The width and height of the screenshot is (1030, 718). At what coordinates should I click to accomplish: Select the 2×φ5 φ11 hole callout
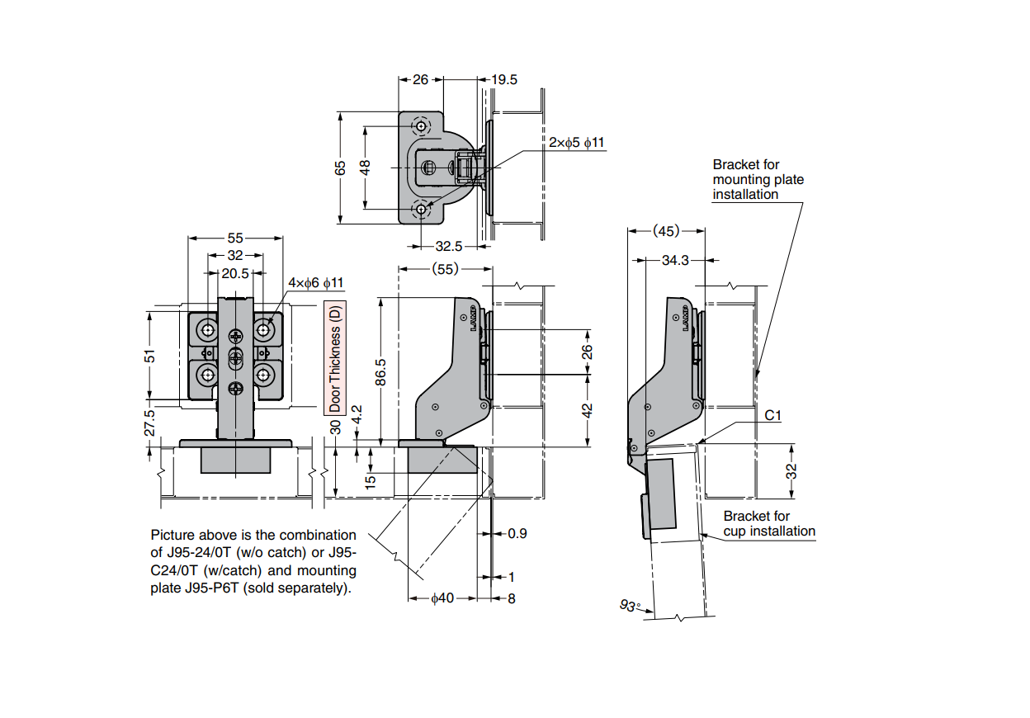(x=576, y=143)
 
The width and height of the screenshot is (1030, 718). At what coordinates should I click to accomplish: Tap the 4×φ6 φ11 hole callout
(x=315, y=283)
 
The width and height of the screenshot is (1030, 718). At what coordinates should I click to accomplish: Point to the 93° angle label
(x=630, y=607)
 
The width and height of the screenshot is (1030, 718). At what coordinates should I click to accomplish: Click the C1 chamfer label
(x=772, y=415)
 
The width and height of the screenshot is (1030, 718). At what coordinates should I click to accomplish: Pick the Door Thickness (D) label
(x=335, y=357)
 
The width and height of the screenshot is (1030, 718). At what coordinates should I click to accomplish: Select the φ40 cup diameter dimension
(x=442, y=598)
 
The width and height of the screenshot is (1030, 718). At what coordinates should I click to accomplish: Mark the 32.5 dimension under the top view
(x=448, y=246)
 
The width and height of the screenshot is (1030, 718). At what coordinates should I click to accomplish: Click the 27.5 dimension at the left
(x=149, y=423)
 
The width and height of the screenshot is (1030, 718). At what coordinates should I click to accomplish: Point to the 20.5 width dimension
(x=235, y=273)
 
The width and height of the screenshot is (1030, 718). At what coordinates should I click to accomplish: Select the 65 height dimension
(x=340, y=168)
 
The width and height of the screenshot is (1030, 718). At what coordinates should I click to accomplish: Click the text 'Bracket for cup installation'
(x=768, y=524)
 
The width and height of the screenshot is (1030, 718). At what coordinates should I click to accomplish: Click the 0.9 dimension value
(x=517, y=533)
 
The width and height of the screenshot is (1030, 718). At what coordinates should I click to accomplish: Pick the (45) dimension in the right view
(x=666, y=231)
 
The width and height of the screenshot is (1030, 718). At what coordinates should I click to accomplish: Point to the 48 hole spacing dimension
(x=366, y=167)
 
